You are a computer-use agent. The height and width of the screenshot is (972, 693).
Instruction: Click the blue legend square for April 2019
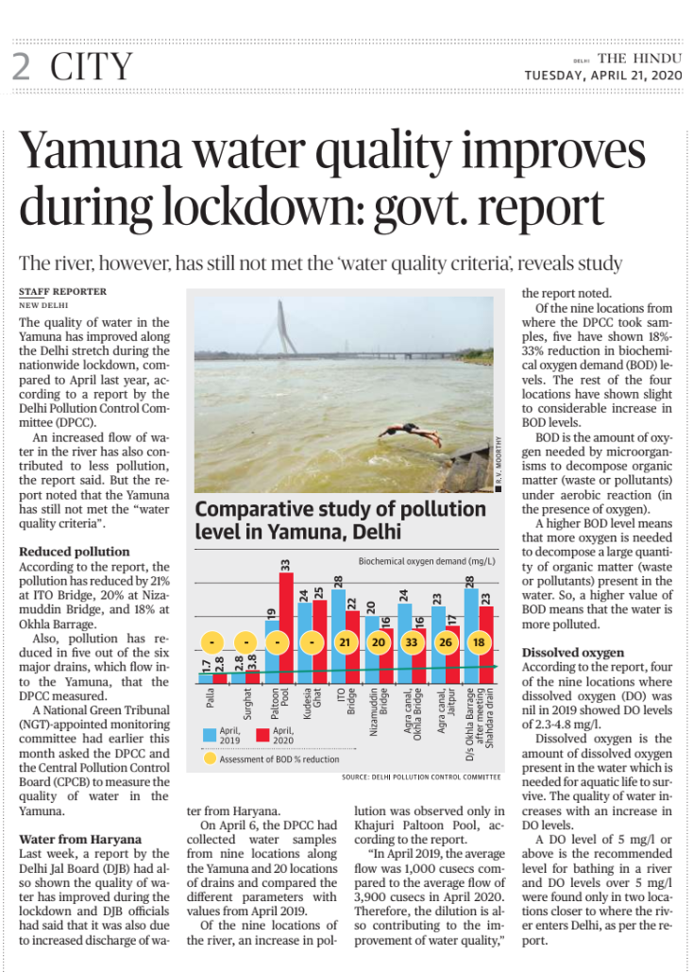click(211, 733)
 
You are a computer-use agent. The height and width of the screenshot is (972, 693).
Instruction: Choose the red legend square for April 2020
click(262, 733)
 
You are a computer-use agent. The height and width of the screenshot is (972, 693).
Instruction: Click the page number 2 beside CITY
click(21, 67)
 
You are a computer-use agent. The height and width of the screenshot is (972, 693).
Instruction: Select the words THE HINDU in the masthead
click(637, 58)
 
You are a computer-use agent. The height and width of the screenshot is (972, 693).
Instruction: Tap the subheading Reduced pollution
click(75, 551)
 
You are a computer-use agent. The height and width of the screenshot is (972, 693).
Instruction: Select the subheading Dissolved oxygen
click(573, 652)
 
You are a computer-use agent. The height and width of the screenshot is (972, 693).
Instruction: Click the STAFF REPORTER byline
click(62, 292)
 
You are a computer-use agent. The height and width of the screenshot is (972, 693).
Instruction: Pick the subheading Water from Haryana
click(80, 838)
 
